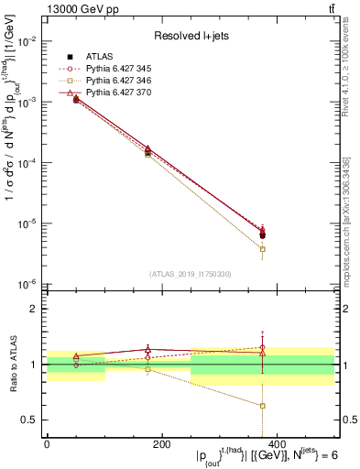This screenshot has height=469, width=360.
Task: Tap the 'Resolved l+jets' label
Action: coord(190,36)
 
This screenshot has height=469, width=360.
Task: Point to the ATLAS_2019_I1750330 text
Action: coord(190,274)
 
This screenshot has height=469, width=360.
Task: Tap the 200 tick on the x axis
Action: coord(161,444)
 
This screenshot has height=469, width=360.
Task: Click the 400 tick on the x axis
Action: coord(277,444)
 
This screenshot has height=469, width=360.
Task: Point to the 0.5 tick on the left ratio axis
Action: coord(31,420)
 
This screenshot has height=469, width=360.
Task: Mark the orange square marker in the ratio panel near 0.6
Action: coord(263,406)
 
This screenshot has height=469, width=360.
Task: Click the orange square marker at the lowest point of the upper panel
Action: coord(263,249)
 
